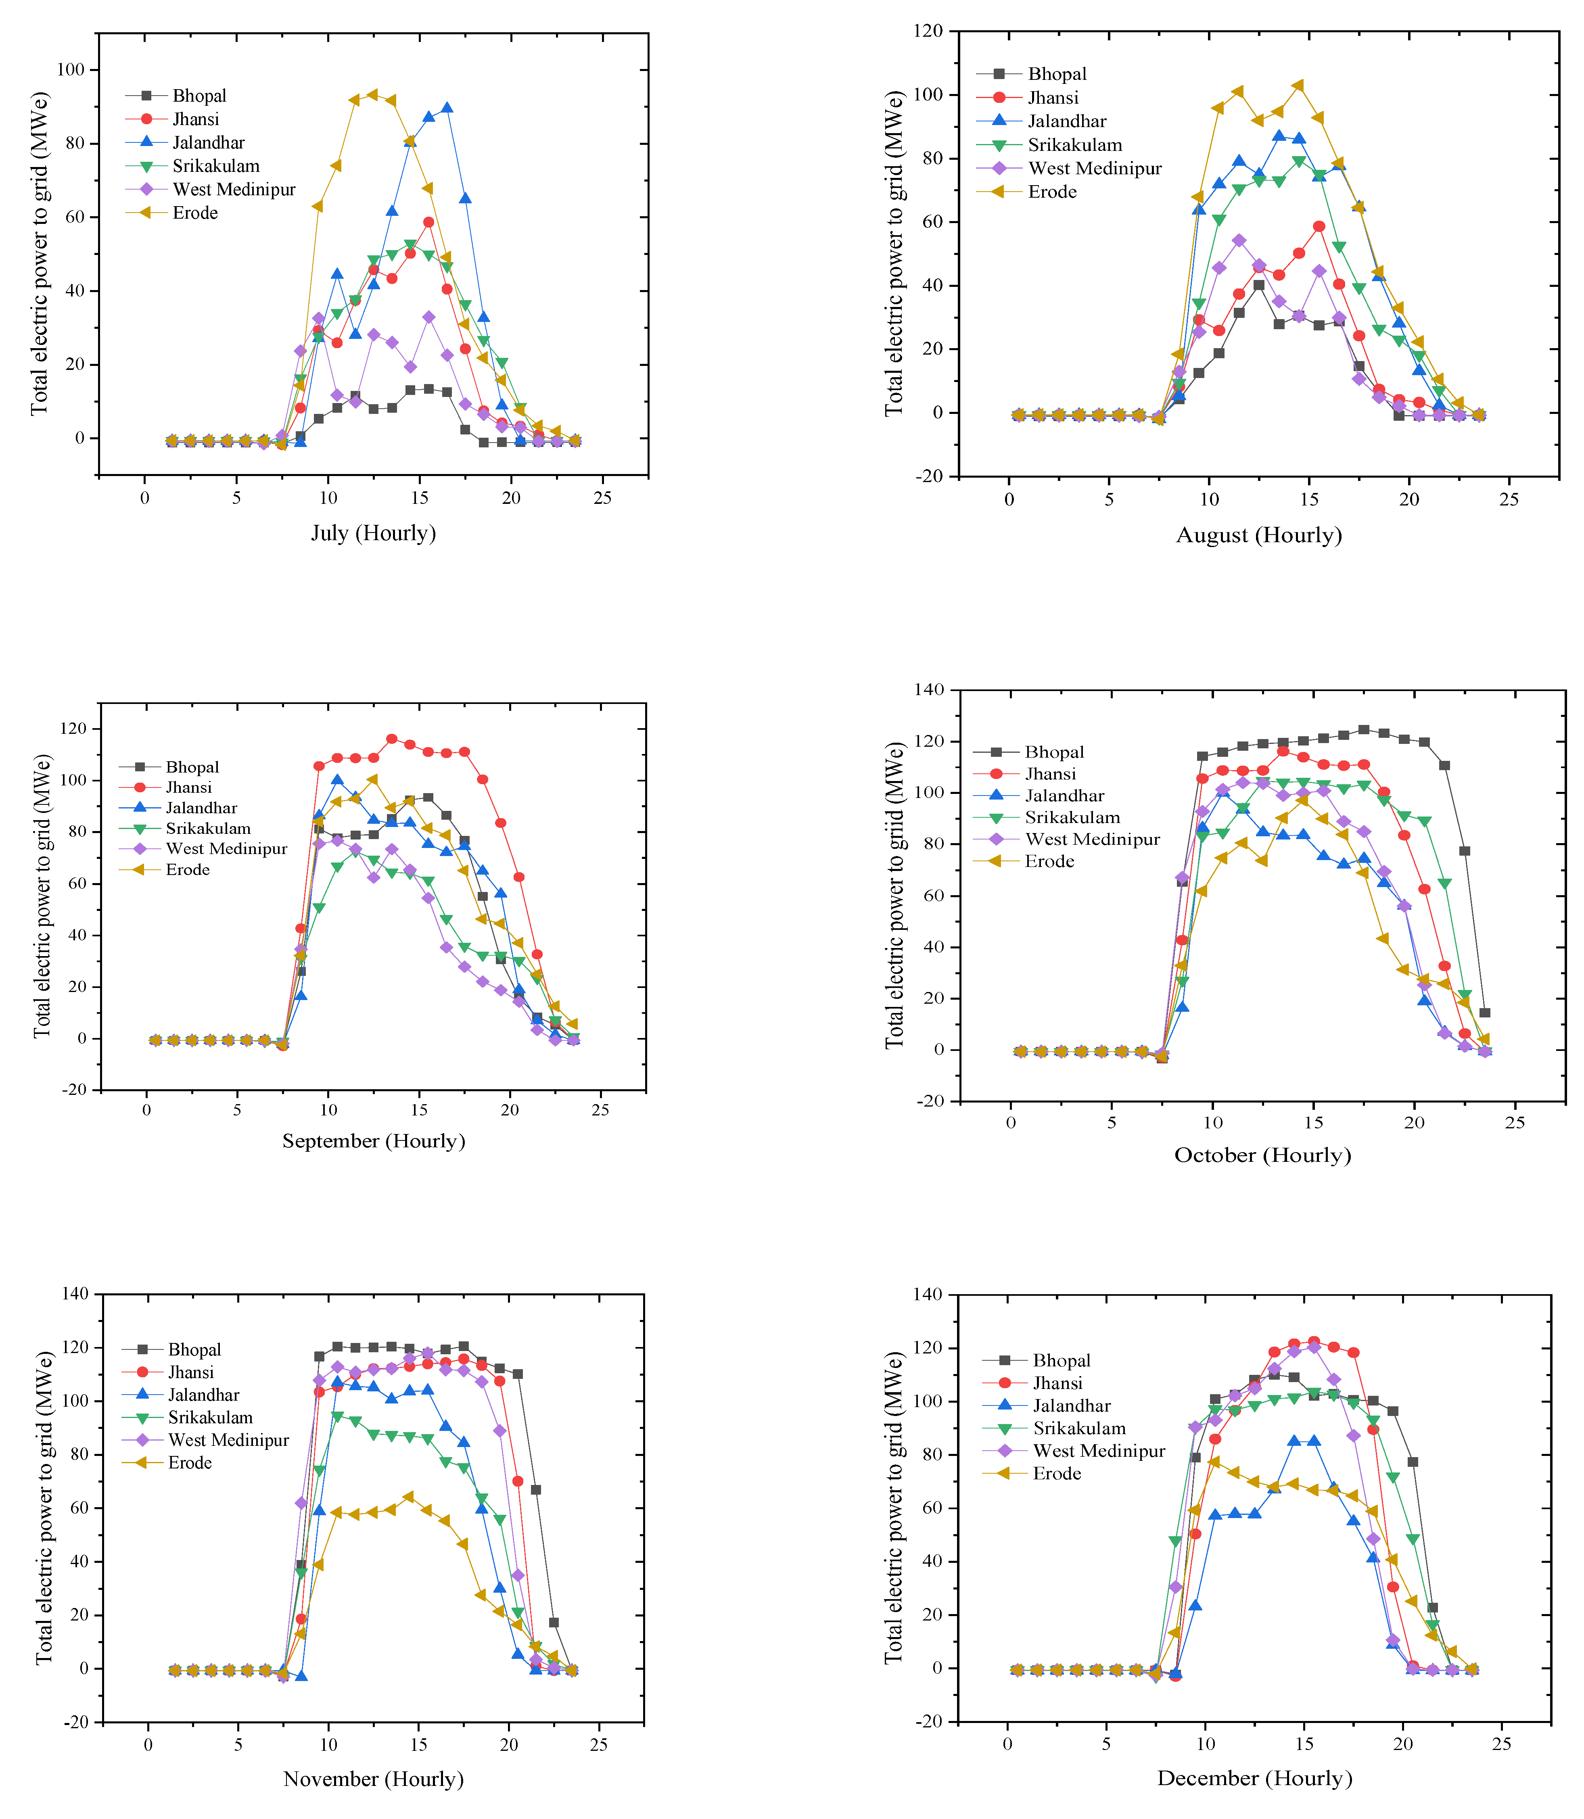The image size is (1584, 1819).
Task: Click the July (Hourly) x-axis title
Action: (x=373, y=533)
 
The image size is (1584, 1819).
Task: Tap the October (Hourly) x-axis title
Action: (x=1262, y=1155)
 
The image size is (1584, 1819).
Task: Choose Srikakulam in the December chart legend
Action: (x=1079, y=1428)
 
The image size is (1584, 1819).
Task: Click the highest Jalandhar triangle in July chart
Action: (x=446, y=108)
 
